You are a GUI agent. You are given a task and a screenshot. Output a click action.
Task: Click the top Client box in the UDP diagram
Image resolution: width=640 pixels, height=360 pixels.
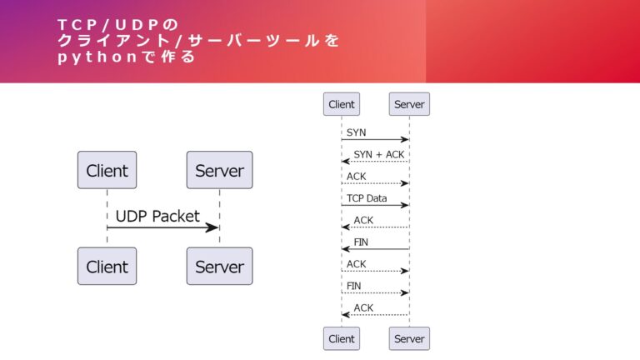(x=107, y=171)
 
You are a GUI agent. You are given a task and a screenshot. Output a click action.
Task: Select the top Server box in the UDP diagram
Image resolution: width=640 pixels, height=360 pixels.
(x=219, y=171)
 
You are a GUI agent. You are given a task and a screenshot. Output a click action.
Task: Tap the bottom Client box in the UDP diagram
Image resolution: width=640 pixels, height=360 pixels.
(x=107, y=267)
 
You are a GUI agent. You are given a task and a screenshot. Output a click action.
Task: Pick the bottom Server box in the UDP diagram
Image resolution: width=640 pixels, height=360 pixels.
(x=219, y=267)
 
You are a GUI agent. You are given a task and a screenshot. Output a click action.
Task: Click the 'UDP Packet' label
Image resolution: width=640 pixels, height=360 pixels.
(x=157, y=216)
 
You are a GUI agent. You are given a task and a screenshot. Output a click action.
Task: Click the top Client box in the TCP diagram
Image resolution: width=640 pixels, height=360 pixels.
(x=342, y=104)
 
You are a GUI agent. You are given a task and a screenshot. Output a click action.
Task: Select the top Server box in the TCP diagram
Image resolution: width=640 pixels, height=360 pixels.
(x=409, y=104)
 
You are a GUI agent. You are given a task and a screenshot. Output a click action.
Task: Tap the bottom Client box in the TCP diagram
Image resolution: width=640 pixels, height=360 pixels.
(x=342, y=338)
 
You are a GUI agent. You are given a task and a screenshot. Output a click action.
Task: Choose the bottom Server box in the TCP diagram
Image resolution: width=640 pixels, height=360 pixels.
(x=409, y=338)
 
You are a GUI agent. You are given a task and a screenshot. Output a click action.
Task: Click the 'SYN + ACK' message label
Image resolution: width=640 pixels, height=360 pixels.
(x=378, y=154)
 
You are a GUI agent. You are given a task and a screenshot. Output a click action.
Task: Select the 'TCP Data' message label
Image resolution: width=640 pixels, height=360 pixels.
(x=367, y=198)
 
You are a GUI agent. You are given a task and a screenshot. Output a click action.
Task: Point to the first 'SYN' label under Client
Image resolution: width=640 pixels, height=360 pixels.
(x=356, y=132)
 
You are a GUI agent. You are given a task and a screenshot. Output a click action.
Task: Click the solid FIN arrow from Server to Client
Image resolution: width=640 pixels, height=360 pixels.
(x=375, y=249)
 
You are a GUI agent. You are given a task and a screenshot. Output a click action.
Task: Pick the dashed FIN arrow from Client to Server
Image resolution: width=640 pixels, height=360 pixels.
(x=375, y=292)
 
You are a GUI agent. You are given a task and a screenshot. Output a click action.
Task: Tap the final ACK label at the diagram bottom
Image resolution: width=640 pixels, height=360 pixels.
(x=363, y=307)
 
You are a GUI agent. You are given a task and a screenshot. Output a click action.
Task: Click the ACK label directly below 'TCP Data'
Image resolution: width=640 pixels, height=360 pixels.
(x=363, y=220)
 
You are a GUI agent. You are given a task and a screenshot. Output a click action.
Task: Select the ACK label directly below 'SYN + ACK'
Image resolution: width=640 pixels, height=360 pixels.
(x=356, y=177)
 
